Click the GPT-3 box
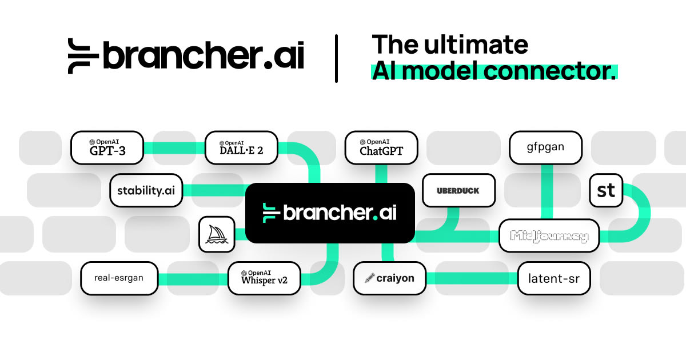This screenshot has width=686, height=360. (x=106, y=147)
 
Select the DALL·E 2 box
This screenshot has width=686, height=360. (x=241, y=147)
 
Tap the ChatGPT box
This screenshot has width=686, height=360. (x=381, y=147)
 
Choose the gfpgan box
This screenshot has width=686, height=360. (x=545, y=147)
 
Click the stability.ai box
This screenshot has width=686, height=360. (x=146, y=190)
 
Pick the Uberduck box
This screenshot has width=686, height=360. (x=458, y=190)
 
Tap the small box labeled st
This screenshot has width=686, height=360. (x=606, y=190)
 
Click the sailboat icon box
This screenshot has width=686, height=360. (x=217, y=234)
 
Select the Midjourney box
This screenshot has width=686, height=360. (x=549, y=235)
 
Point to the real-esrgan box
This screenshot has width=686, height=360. (x=119, y=278)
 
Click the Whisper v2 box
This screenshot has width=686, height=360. (x=264, y=278)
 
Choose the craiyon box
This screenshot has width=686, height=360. (x=390, y=278)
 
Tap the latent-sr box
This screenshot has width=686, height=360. (x=554, y=278)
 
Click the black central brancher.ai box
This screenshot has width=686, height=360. (x=330, y=213)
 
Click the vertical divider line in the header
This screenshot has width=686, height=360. (x=336, y=58)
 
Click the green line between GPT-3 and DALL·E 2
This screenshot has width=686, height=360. (x=173, y=147)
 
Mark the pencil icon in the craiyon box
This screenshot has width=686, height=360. (x=369, y=278)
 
